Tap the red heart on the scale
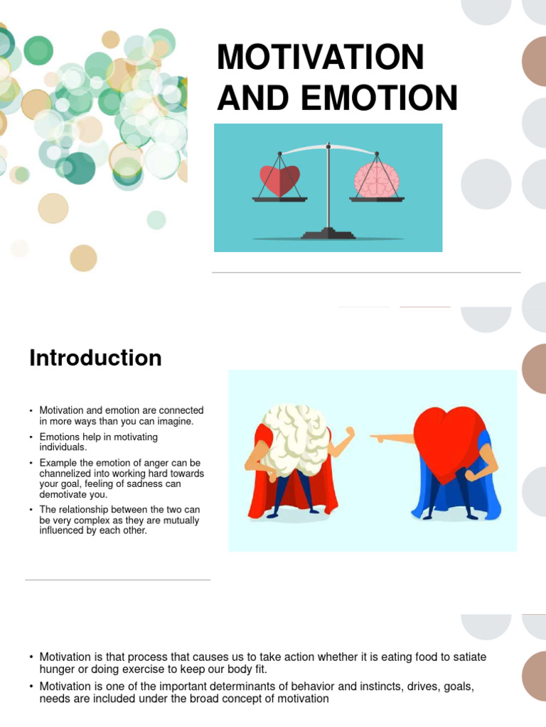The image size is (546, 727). pyautogui.click(x=279, y=181)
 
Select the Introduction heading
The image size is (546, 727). pyautogui.click(x=95, y=358)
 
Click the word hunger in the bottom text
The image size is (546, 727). pyautogui.click(x=57, y=669)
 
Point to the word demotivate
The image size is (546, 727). pyautogui.click(x=68, y=495)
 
